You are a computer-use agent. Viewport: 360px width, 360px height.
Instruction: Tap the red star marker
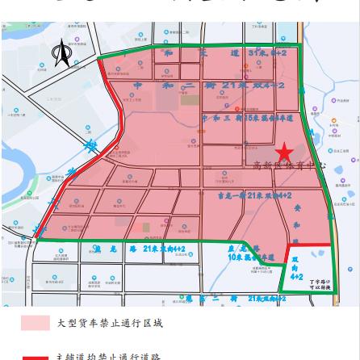click(283, 153)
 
